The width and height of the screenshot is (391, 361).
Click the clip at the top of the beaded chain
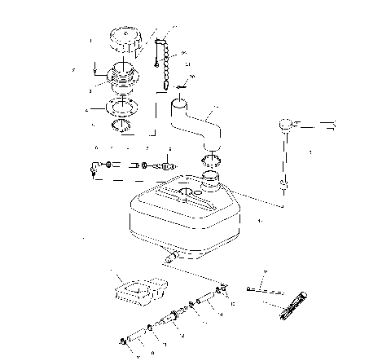pyautogui.click(x=161, y=37)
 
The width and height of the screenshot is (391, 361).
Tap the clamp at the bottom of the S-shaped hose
pyautogui.click(x=211, y=157)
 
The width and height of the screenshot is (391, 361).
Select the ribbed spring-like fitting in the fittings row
pyautogui.click(x=168, y=165)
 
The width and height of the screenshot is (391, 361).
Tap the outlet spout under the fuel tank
pyautogui.click(x=171, y=257)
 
